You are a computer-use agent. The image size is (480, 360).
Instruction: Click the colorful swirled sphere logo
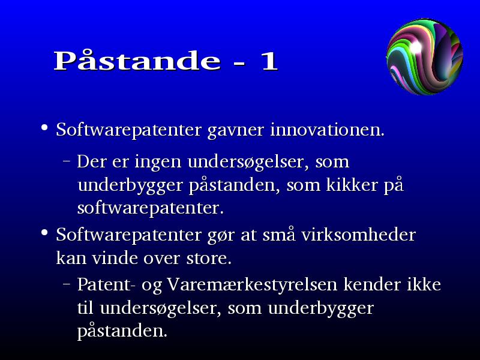[x=425, y=56]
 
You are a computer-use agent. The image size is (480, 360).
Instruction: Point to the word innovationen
[x=327, y=130]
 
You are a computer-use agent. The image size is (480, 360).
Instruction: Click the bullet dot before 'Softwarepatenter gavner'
[x=44, y=127]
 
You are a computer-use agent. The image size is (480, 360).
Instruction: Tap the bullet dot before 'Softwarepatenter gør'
[x=44, y=233]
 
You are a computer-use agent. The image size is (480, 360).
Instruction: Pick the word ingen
[x=158, y=163]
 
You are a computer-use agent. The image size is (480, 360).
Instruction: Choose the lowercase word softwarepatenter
[x=151, y=208]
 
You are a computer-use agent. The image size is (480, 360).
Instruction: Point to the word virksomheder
[x=358, y=235]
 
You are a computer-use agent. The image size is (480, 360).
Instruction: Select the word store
[x=209, y=259]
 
